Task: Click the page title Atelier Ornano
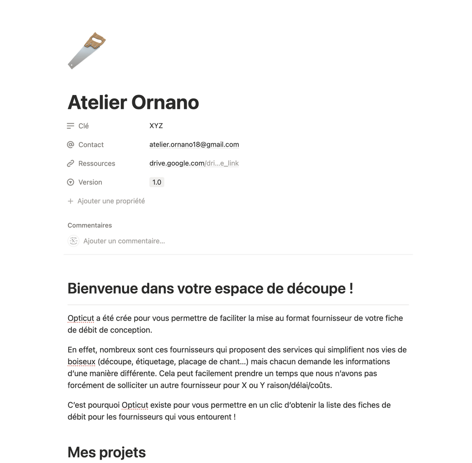133,102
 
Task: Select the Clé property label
83,126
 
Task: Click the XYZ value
156,126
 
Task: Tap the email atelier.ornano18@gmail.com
194,145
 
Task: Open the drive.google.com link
194,164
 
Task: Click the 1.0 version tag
157,183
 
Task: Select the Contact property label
91,145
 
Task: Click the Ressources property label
96,164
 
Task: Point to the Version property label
90,183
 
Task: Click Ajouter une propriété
111,201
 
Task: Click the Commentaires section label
90,226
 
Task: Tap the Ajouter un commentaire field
124,241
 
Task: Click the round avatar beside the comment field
74,241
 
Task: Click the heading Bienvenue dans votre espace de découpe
210,289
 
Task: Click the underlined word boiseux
81,362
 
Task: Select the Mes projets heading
106,452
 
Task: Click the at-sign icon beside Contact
71,145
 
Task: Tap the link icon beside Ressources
71,164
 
